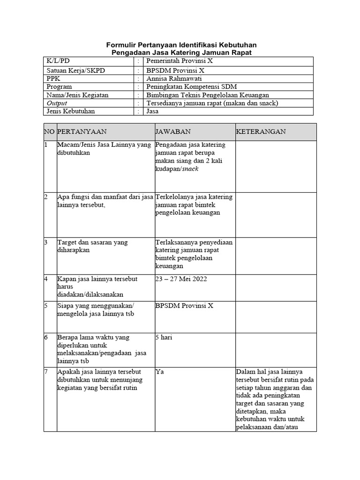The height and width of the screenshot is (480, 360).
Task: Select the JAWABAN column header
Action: pos(173,132)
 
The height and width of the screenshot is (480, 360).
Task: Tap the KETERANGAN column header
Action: pos(261,132)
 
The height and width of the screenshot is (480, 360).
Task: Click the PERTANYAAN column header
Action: pos(82,132)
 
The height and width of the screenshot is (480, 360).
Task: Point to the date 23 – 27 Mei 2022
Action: pos(181,279)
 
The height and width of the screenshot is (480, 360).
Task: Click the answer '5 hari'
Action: pos(164,337)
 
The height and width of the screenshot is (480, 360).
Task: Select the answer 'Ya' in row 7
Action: pos(159,372)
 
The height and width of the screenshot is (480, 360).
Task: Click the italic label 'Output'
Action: pos(57,103)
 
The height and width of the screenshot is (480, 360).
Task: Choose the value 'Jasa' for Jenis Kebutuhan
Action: pos(152,112)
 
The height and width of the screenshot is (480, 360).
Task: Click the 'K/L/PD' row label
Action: pos(58,61)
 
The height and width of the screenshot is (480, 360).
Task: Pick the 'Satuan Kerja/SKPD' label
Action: pos(75,70)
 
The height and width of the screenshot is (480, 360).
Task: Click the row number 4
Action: pos(46,279)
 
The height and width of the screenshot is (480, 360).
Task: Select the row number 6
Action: pos(46,337)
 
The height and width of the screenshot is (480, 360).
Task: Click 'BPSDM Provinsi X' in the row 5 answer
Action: pos(184,305)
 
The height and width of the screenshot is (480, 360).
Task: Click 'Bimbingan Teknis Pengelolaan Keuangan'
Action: pos(207,95)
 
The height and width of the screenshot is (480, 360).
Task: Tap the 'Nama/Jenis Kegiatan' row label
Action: pos(77,95)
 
